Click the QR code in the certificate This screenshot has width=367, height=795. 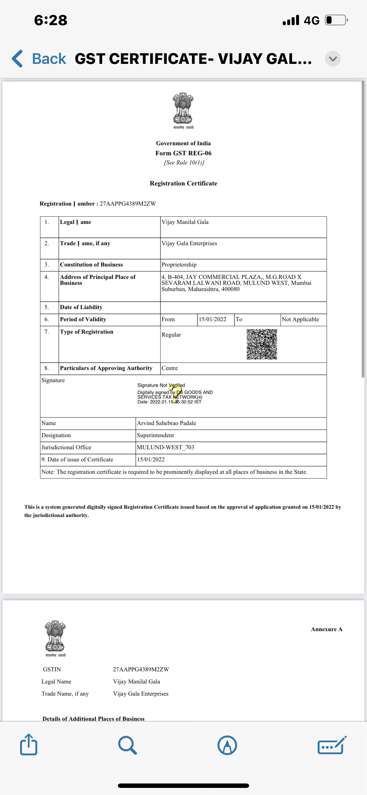point(262,344)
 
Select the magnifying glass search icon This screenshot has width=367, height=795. point(127,745)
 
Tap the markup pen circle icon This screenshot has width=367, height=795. point(227,745)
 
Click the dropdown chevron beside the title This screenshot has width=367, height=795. point(333,59)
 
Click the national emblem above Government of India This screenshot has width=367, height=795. point(183,109)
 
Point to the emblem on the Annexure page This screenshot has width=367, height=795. point(55,636)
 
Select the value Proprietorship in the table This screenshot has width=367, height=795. point(179,264)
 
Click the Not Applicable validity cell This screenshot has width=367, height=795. point(301,319)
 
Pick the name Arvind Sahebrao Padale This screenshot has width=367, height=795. point(167,423)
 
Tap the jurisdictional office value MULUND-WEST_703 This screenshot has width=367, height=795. point(165,447)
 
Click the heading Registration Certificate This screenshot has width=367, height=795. point(183,183)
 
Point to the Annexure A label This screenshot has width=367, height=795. point(327,629)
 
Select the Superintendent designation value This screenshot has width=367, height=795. point(155,435)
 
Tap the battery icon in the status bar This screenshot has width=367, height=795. point(336,20)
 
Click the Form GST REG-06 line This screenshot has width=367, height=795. point(183,153)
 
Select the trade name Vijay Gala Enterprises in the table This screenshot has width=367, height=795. point(189,243)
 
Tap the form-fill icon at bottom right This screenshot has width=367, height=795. point(332,745)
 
